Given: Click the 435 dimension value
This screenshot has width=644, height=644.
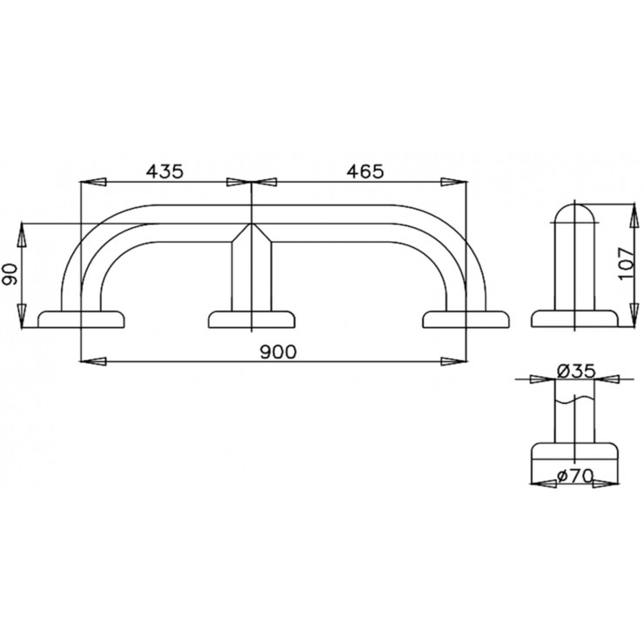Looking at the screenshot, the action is click(x=164, y=171).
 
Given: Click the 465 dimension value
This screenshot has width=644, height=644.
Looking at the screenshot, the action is click(x=366, y=171).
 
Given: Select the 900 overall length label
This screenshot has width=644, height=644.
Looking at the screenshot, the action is click(x=278, y=352).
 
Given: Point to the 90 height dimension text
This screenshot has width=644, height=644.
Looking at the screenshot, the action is click(x=10, y=274).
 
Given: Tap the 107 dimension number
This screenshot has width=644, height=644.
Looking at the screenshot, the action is click(x=627, y=263).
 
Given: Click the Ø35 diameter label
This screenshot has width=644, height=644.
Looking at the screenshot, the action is click(x=576, y=372).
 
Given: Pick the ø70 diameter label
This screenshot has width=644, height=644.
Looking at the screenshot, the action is click(x=575, y=476).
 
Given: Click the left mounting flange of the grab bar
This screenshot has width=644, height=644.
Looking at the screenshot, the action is click(x=81, y=319).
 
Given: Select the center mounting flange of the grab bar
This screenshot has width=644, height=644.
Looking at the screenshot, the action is click(x=252, y=319).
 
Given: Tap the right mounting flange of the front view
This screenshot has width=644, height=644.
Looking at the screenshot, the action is click(x=466, y=319).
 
